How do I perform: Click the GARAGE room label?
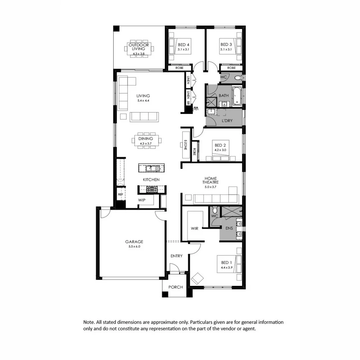click(134, 241)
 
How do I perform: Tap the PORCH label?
click(175, 287)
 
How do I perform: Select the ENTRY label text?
click(176, 256)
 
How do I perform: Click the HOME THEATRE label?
click(210, 180)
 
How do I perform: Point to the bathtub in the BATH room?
click(236, 96)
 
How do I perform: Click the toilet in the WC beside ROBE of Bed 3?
click(238, 78)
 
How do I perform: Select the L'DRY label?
click(227, 120)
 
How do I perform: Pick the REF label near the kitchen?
click(120, 194)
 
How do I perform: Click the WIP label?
click(142, 200)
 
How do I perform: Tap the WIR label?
click(195, 229)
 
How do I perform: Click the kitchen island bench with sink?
click(152, 168)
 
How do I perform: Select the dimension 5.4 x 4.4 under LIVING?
click(143, 101)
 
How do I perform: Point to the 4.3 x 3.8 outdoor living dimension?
click(139, 54)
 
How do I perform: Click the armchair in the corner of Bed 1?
click(197, 278)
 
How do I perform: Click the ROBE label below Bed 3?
click(231, 68)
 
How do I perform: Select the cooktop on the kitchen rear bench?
click(152, 190)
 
